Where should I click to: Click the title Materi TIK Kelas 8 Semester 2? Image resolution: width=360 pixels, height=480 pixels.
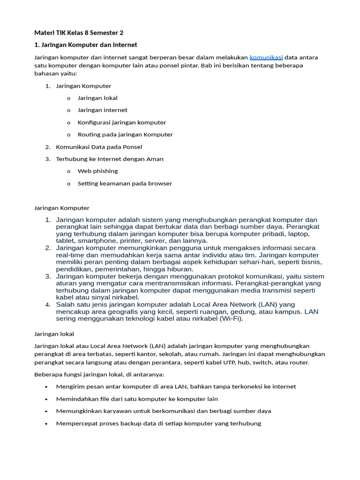pyautogui.click(x=79, y=32)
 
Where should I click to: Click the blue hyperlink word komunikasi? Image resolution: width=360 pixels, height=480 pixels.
pyautogui.click(x=266, y=57)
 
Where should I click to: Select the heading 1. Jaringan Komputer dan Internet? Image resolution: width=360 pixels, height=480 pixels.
pyautogui.click(x=86, y=45)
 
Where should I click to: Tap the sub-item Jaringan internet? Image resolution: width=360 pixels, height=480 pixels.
pyautogui.click(x=102, y=110)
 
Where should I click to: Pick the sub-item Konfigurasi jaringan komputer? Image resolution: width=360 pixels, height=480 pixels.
pyautogui.click(x=121, y=122)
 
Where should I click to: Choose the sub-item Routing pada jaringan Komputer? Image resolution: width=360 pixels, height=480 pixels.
pyautogui.click(x=125, y=135)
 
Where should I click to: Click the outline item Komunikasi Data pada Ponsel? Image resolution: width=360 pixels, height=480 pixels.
pyautogui.click(x=99, y=147)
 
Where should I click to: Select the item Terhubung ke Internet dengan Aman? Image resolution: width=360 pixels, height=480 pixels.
pyautogui.click(x=110, y=159)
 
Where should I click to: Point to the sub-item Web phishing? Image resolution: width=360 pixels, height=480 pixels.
pyautogui.click(x=97, y=171)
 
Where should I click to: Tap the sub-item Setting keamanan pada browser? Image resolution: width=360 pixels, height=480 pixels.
pyautogui.click(x=125, y=183)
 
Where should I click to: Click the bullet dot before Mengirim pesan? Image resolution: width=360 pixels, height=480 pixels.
pyautogui.click(x=45, y=387)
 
